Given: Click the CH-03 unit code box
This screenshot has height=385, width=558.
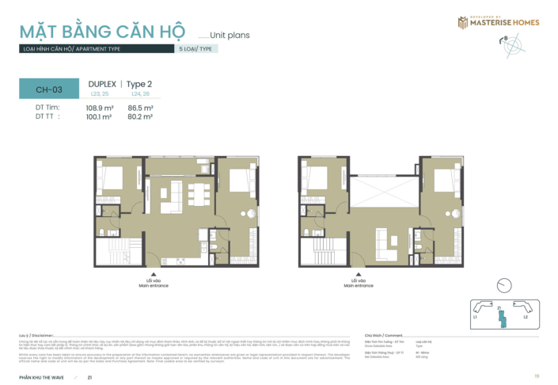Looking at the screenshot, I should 48,90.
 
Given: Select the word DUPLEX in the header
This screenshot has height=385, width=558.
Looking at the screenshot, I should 102,84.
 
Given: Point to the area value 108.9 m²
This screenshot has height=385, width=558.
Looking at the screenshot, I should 100,107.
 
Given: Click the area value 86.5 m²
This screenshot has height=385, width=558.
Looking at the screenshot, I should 140,107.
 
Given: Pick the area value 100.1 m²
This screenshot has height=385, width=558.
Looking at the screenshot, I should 100,116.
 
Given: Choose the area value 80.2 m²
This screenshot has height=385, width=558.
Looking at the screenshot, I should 140,116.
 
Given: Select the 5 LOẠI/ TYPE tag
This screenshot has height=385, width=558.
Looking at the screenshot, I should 197,49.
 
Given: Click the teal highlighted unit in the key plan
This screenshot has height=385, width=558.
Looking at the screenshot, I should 499,316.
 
